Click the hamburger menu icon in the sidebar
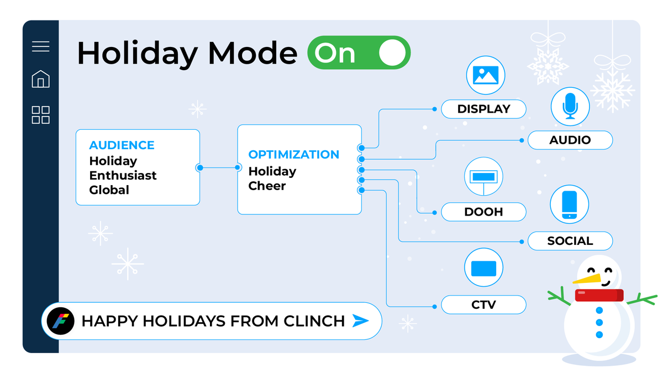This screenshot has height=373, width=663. pos(40,46)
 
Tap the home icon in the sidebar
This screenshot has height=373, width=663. pos(40,79)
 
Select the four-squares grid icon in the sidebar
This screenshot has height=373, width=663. pos(40,115)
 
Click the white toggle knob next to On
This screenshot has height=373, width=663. pos(393,53)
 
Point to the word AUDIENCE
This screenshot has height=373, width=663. pos(122,145)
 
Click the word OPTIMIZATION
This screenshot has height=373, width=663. pos(293,155)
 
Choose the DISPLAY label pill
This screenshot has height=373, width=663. pos(483,109)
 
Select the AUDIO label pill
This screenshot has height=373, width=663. pos(570,140)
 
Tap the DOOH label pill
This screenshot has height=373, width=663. pos(483,212)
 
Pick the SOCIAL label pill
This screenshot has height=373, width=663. pos(570,241)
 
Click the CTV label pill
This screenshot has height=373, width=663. pos(483,304)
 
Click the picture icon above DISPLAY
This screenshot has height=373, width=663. pos(485,75)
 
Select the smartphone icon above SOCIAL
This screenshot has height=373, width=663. pos(570,205)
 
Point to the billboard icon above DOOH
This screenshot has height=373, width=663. pos(483,177)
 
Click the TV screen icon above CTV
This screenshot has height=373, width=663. pos(484,268)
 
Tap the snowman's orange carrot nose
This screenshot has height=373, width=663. pos(587,279)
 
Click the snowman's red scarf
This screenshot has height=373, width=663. pos(599,295)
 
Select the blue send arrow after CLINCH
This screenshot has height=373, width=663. pos(360,321)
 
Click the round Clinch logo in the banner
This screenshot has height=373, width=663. pos(57,321)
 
